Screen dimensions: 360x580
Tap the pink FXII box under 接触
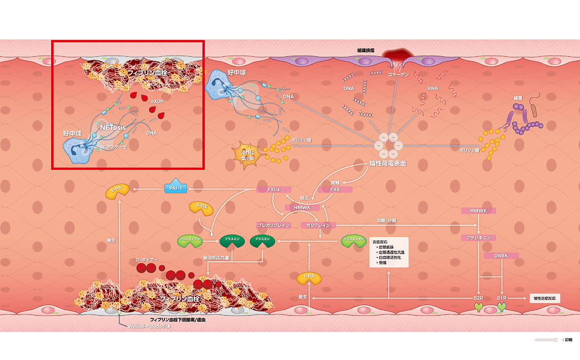tap(334, 189)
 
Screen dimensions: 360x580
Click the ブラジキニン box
tap(478, 238)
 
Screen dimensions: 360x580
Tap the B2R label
tap(478, 299)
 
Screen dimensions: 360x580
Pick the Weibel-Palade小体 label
tap(149, 327)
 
